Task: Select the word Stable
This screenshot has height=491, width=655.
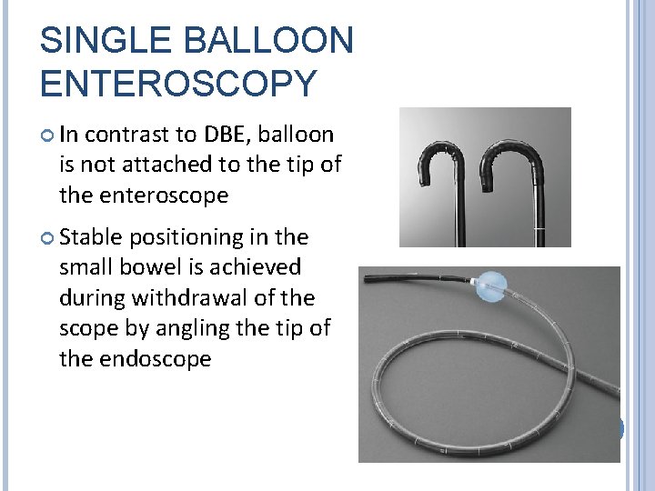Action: point(93,237)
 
